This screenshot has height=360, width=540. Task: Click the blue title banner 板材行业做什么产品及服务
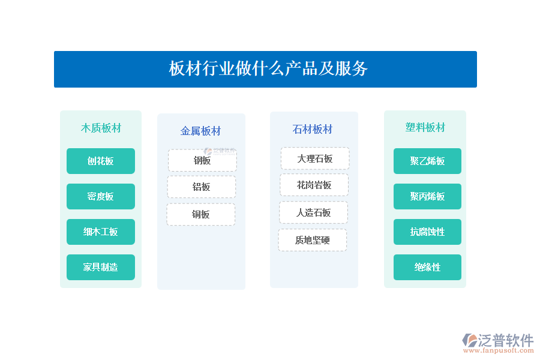point(265,69)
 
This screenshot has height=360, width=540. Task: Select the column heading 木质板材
point(101,128)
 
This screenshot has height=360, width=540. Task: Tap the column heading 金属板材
point(200,131)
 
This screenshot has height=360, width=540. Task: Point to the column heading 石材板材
point(313,129)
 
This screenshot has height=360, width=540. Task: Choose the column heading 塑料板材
point(425,127)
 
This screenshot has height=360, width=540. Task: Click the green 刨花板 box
point(101,161)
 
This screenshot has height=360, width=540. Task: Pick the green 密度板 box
point(101,196)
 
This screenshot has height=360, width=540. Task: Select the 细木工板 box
point(101,232)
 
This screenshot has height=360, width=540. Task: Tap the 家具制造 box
point(101,268)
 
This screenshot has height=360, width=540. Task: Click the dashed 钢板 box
point(202,160)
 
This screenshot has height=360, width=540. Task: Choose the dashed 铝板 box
point(202,187)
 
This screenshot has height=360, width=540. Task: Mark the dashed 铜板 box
point(201,214)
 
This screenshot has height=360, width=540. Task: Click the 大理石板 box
point(315,158)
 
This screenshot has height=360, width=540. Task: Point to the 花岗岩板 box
point(314,185)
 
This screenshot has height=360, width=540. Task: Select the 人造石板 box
point(313,212)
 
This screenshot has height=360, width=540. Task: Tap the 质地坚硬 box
point(313,240)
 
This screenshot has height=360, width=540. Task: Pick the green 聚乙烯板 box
point(427,161)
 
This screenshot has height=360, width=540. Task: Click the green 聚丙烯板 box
point(427,196)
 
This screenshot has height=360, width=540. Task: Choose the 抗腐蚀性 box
point(427,232)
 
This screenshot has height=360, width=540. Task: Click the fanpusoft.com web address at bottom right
point(499,350)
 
